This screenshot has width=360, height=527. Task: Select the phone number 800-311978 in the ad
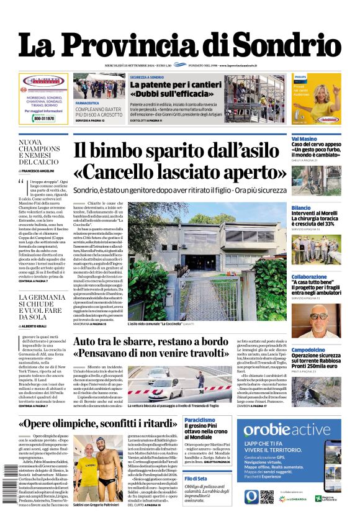click(x=43, y=118)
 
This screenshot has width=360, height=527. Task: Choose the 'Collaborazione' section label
click(x=308, y=277)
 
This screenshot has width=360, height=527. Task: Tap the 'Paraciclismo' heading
click(x=200, y=420)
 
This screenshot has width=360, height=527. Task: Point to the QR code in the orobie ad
click(x=267, y=497)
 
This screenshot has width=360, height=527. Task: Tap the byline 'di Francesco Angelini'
click(x=38, y=170)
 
